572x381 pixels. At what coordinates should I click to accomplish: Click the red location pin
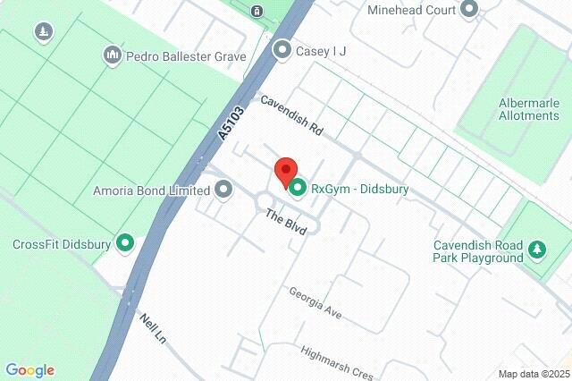pos(285,170)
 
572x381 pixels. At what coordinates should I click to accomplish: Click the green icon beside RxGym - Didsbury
pos(297,188)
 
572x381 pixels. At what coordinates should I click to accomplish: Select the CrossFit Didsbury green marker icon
pos(126,243)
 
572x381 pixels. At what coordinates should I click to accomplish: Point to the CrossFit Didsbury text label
pos(62,243)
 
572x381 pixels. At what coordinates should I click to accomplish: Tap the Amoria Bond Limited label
pos(151,190)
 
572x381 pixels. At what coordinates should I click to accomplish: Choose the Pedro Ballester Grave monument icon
pos(112,56)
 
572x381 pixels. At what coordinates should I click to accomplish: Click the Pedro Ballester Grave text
pos(186,56)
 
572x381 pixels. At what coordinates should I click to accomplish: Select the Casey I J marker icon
pos(282,50)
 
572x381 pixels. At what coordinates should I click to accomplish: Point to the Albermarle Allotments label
pos(517,109)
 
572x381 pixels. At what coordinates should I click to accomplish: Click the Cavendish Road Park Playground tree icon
pos(536,250)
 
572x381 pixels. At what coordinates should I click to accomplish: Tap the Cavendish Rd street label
pos(291,115)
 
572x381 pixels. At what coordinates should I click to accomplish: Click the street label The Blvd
pos(285,221)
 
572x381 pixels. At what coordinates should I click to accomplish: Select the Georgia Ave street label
pos(315,304)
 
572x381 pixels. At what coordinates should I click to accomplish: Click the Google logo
pos(29,370)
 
